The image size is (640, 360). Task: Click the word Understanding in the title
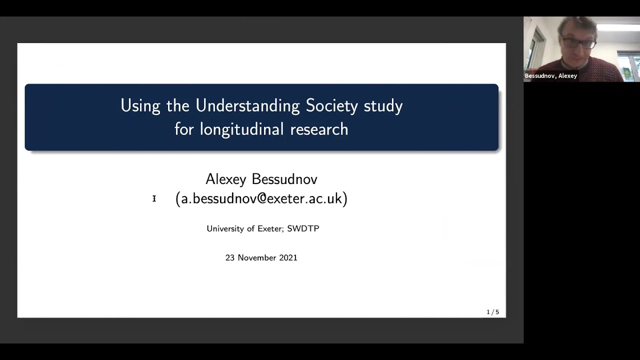tap(247, 106)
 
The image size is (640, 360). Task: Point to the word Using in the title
tap(140, 106)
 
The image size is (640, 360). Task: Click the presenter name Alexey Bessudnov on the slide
tap(261, 179)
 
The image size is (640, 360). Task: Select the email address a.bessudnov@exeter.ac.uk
tap(261, 198)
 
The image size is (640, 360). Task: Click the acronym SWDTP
tap(303, 228)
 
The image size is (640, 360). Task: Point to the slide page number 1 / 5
tap(492, 312)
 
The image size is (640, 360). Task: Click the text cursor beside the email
tap(154, 198)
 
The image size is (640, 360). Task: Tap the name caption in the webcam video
tap(550, 76)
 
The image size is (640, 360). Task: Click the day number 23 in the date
tap(230, 257)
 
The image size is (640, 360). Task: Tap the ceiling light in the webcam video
tap(617, 27)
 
